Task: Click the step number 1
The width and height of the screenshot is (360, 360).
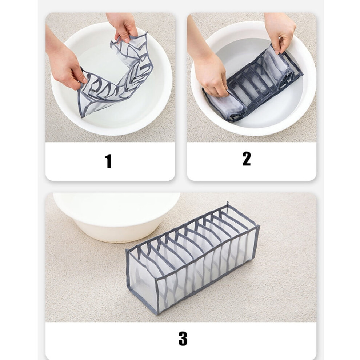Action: (x=108, y=161)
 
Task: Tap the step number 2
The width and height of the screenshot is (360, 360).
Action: (x=247, y=159)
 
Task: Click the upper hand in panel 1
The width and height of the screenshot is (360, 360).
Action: (x=123, y=27)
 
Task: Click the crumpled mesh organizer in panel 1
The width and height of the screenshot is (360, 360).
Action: (x=115, y=76)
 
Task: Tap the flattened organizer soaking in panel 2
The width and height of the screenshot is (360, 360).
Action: (x=253, y=83)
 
